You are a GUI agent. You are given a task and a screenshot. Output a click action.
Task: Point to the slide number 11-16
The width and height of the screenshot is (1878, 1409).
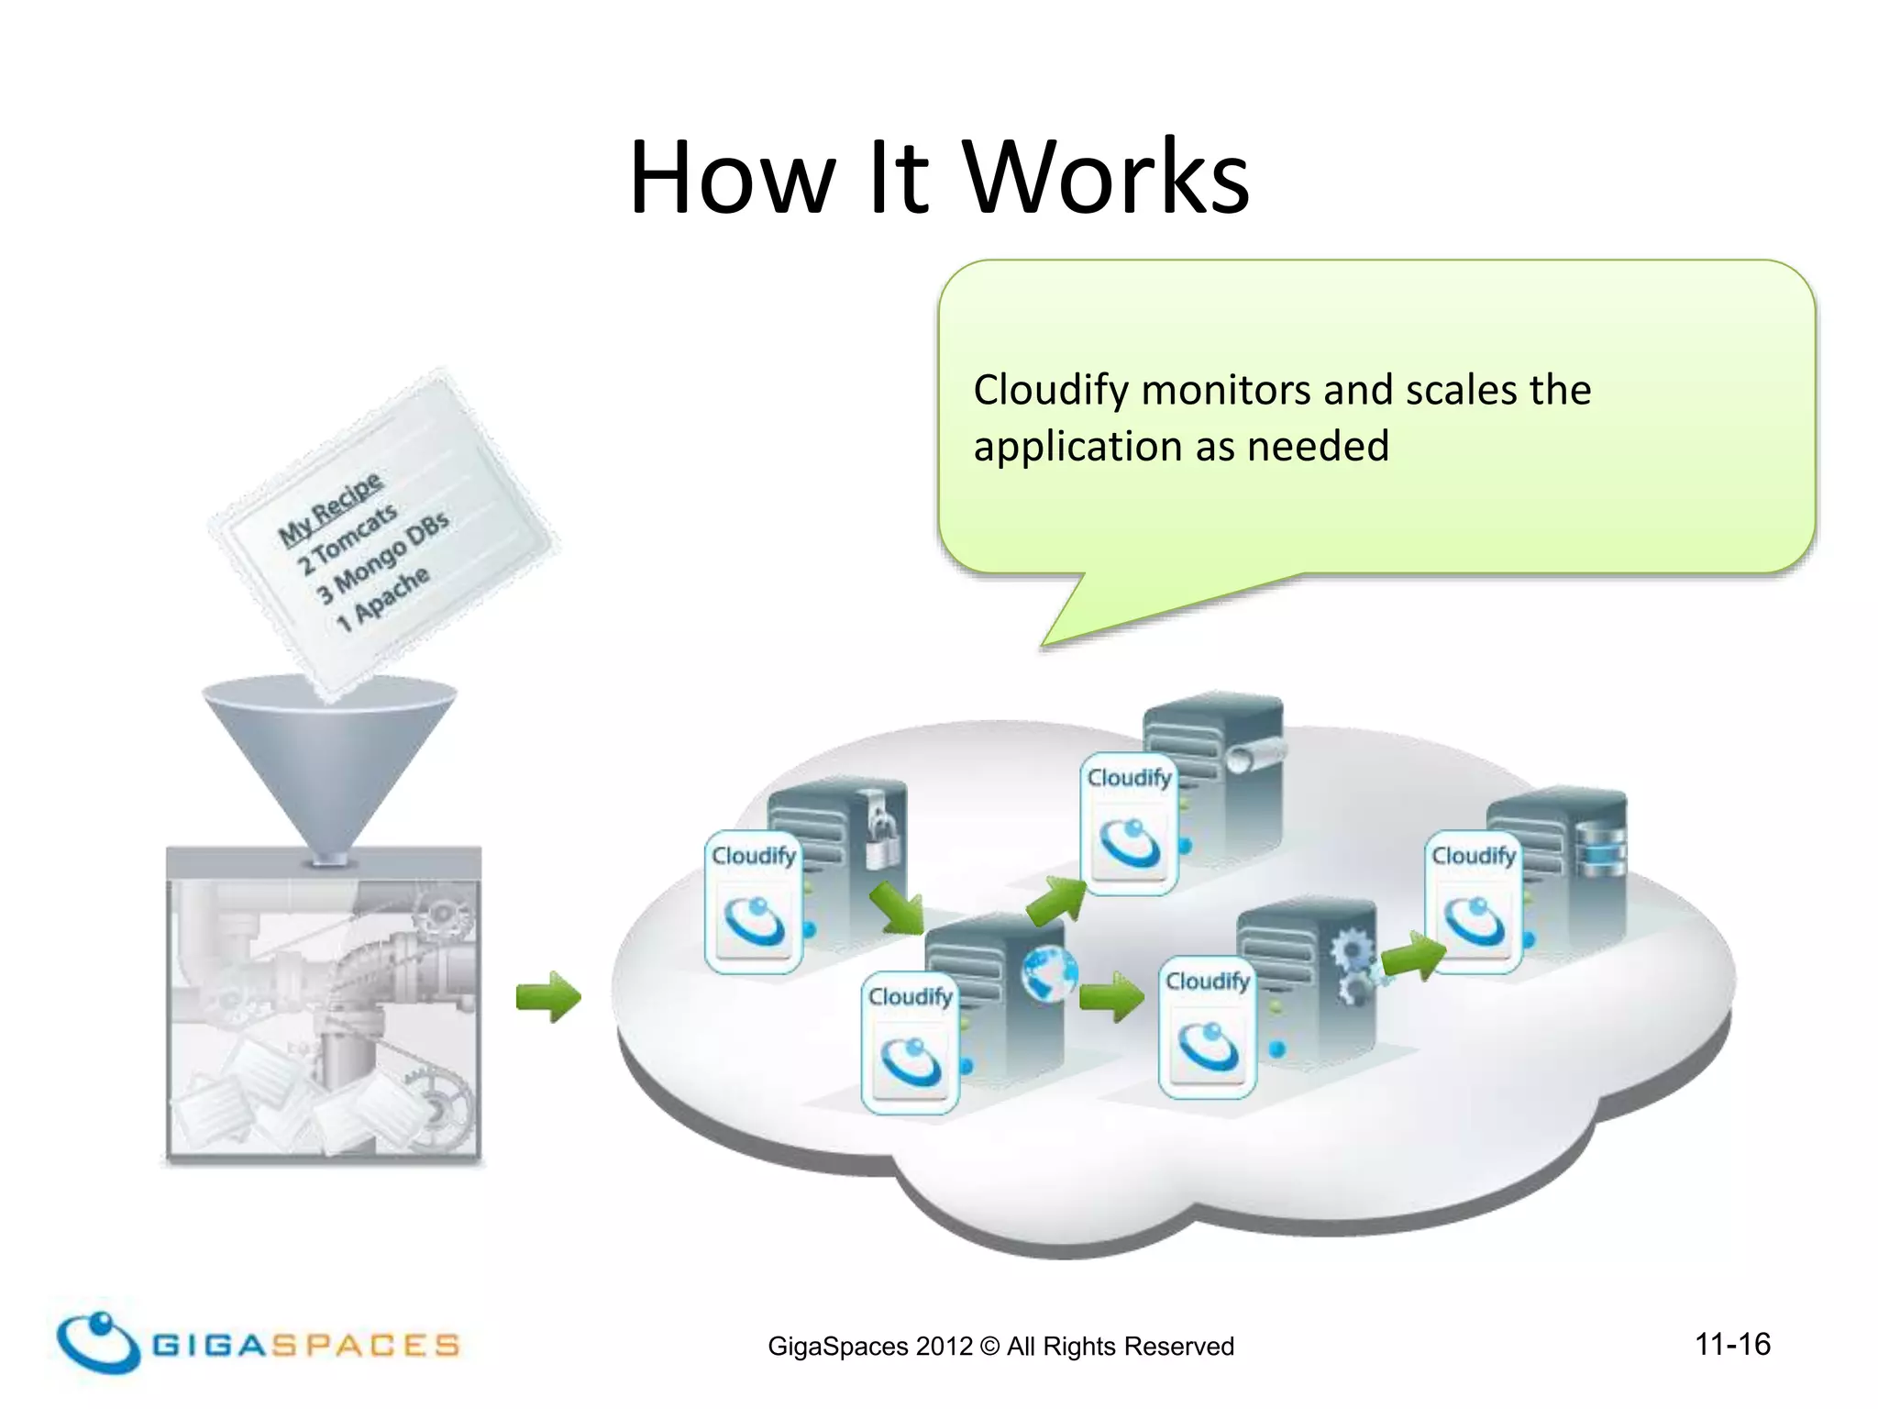click(x=1732, y=1344)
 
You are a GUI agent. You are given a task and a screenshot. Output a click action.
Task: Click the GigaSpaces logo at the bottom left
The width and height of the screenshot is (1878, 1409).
click(x=257, y=1344)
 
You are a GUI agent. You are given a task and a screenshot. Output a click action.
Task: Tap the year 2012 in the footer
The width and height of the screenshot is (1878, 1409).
click(x=944, y=1347)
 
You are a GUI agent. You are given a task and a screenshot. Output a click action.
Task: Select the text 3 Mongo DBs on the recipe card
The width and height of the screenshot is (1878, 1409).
click(x=383, y=558)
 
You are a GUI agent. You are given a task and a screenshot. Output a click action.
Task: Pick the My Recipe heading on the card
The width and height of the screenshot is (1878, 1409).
click(x=330, y=507)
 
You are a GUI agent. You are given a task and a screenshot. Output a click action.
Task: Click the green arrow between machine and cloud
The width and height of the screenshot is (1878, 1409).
click(x=548, y=997)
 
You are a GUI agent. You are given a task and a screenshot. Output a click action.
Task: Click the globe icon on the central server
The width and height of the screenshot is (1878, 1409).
click(x=1049, y=972)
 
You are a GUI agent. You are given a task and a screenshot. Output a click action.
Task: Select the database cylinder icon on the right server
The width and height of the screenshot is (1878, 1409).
click(x=1601, y=849)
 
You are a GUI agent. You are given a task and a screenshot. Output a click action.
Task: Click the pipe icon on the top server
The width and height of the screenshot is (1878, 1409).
click(x=1252, y=758)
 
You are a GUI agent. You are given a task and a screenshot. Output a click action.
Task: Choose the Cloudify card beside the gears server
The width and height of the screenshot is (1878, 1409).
click(x=1207, y=1027)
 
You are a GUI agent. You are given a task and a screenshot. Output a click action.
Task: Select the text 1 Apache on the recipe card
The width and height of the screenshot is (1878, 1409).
click(x=383, y=599)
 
